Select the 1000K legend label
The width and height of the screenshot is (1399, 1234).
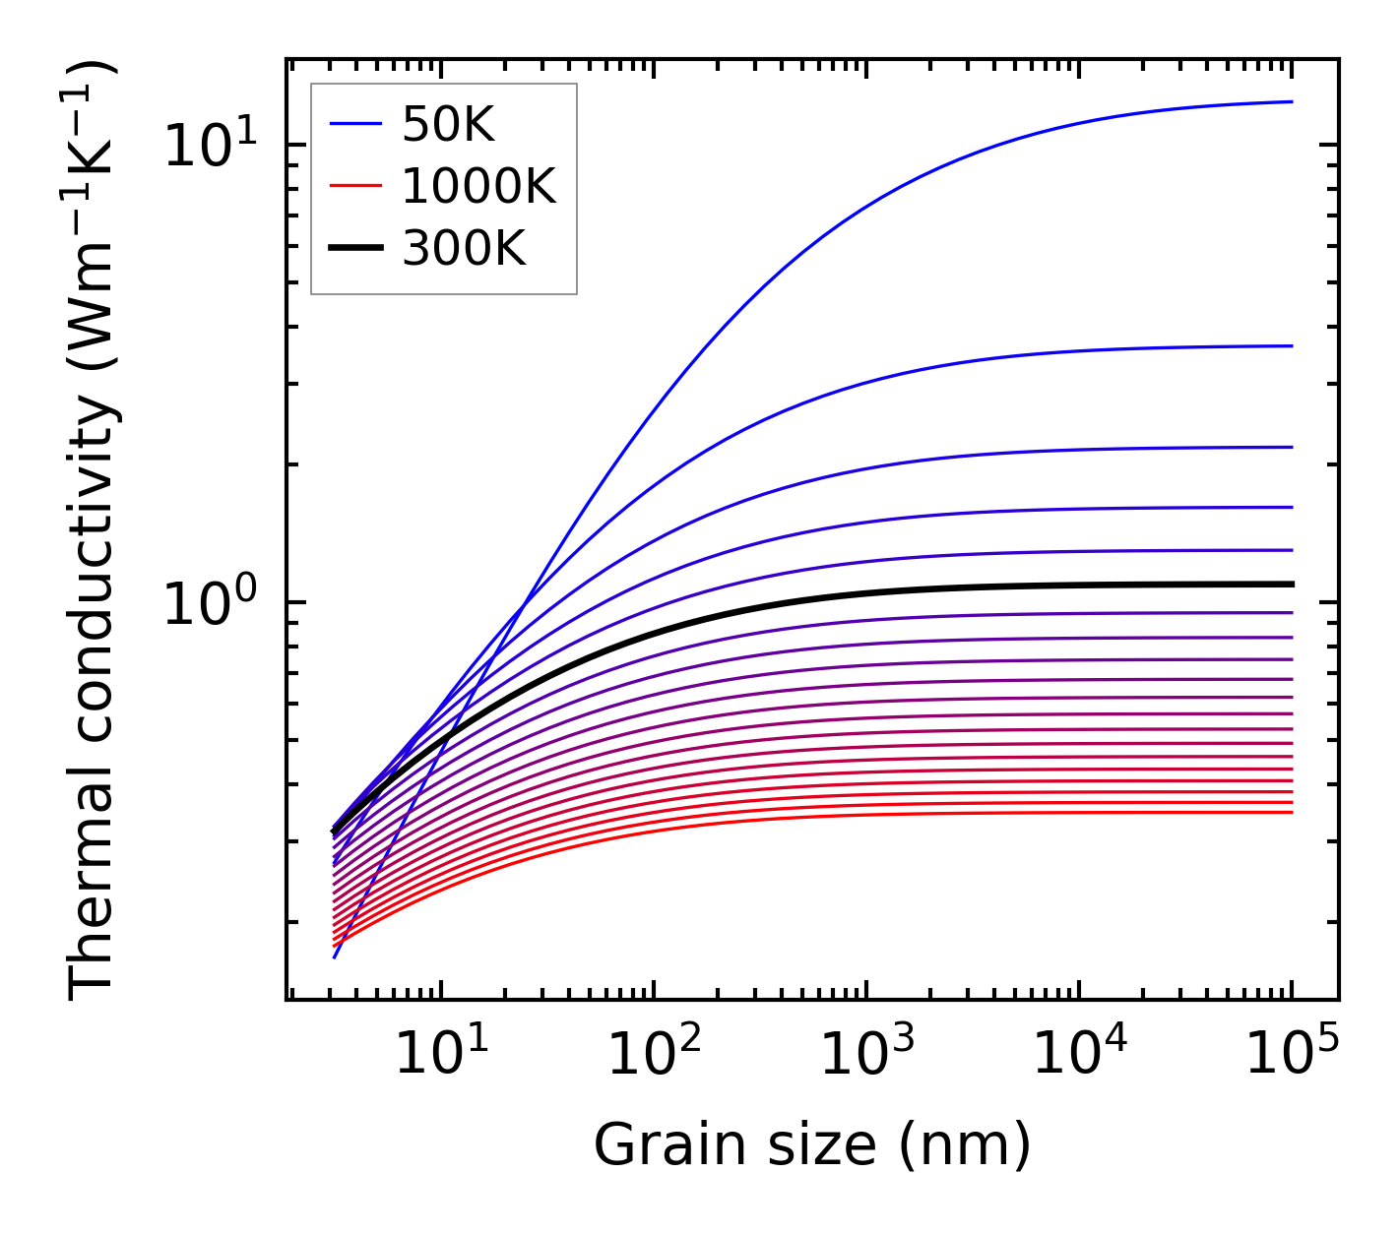478,186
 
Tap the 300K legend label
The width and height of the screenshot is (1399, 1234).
464,249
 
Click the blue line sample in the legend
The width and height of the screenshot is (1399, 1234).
355,124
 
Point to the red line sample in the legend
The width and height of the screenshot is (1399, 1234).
355,186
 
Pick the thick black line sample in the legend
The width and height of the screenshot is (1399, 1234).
355,249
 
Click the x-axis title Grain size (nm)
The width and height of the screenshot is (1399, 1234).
812,1145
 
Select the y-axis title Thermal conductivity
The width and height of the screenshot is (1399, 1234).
94,529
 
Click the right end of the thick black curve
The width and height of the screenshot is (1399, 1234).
1291,585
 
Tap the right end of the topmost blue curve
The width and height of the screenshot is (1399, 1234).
1291,101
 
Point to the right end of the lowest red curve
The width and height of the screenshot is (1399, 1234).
1291,812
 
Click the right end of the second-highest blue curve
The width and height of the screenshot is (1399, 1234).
1291,345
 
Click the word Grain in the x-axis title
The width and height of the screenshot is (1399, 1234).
648,1145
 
